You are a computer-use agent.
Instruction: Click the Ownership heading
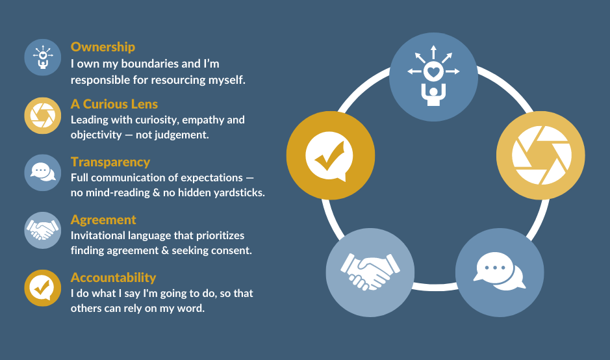click(x=103, y=47)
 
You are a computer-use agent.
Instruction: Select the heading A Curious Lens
click(x=114, y=104)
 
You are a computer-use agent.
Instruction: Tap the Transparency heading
click(x=110, y=162)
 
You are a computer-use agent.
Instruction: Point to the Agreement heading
click(x=103, y=220)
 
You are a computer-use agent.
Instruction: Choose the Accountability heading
click(x=113, y=277)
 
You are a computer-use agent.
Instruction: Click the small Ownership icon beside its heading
click(x=43, y=57)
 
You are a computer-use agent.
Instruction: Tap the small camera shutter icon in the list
click(x=43, y=116)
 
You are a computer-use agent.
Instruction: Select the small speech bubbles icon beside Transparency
click(x=43, y=173)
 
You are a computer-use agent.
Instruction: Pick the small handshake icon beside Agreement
click(x=43, y=231)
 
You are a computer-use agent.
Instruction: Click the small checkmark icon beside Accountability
click(x=43, y=288)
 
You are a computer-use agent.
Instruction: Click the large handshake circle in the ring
click(x=370, y=272)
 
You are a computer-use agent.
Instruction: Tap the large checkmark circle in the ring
click(x=331, y=155)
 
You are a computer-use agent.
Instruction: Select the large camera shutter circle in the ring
click(x=540, y=155)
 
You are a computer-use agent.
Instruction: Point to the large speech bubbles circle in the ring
click(x=500, y=272)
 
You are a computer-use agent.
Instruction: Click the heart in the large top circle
click(x=433, y=72)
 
